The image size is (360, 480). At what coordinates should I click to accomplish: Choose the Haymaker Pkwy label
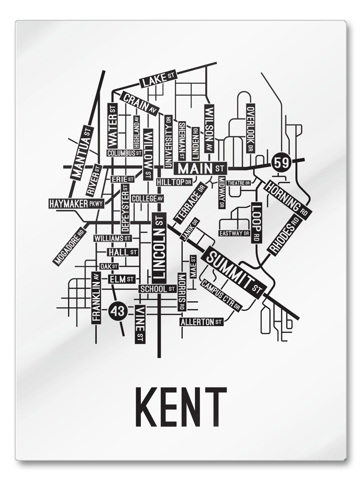click(x=76, y=204)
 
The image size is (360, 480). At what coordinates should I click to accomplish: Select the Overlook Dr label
click(x=250, y=128)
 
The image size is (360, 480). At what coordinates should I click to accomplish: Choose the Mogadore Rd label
click(x=70, y=246)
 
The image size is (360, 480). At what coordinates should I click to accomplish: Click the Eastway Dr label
click(x=234, y=233)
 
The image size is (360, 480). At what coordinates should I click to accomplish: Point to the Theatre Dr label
click(x=239, y=183)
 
